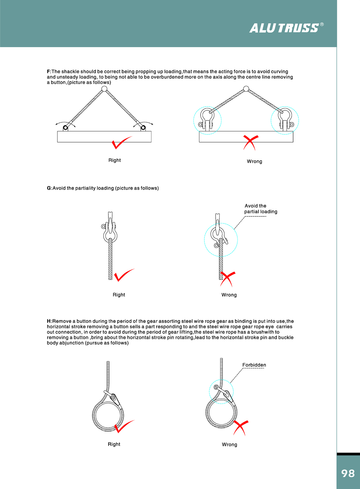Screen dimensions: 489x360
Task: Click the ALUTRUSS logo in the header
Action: point(284,28)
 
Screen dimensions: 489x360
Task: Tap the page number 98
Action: point(348,473)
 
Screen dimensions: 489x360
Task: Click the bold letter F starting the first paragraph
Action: point(49,72)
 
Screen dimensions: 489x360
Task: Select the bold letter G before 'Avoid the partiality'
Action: point(49,188)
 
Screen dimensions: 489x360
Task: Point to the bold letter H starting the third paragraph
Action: point(49,321)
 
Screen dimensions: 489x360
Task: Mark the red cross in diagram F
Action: point(251,142)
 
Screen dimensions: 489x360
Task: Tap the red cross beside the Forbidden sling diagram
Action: point(240,427)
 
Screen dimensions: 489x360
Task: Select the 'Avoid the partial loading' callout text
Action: point(261,209)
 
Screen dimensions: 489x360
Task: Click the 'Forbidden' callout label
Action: point(254,365)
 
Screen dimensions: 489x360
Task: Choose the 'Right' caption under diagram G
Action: point(119,295)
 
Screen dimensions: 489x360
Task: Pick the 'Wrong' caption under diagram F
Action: point(255,161)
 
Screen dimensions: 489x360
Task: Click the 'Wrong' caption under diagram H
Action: point(229,445)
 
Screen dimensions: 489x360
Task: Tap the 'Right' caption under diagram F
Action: point(114,160)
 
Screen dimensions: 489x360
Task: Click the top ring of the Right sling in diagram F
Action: point(104,89)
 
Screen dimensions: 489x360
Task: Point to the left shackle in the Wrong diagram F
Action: point(207,120)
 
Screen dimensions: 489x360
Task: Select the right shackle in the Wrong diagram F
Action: point(285,120)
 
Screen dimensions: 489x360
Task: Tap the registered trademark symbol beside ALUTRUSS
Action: point(322,25)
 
